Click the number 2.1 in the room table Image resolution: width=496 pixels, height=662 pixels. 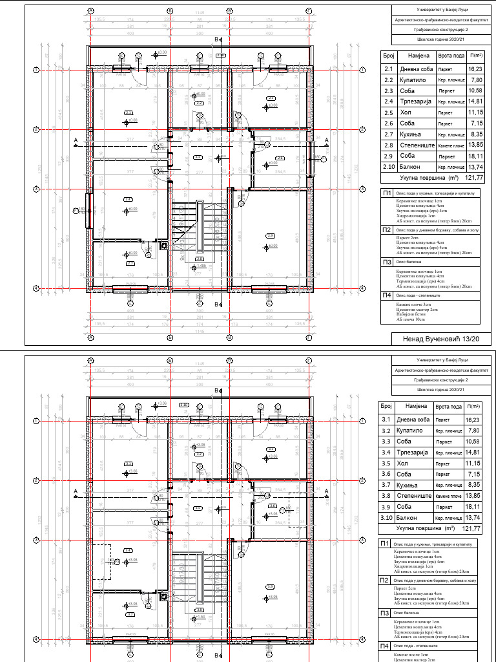click(389, 69)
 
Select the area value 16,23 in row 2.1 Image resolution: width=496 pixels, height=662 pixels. click(475, 69)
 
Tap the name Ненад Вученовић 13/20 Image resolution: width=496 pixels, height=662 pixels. click(442, 339)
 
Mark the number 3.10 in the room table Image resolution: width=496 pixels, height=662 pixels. click(387, 518)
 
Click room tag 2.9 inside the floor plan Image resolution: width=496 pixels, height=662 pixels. click(270, 235)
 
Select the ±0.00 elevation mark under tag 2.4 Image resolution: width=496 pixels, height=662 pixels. click(133, 210)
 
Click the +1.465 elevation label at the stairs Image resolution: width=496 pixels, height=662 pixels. click(200, 266)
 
